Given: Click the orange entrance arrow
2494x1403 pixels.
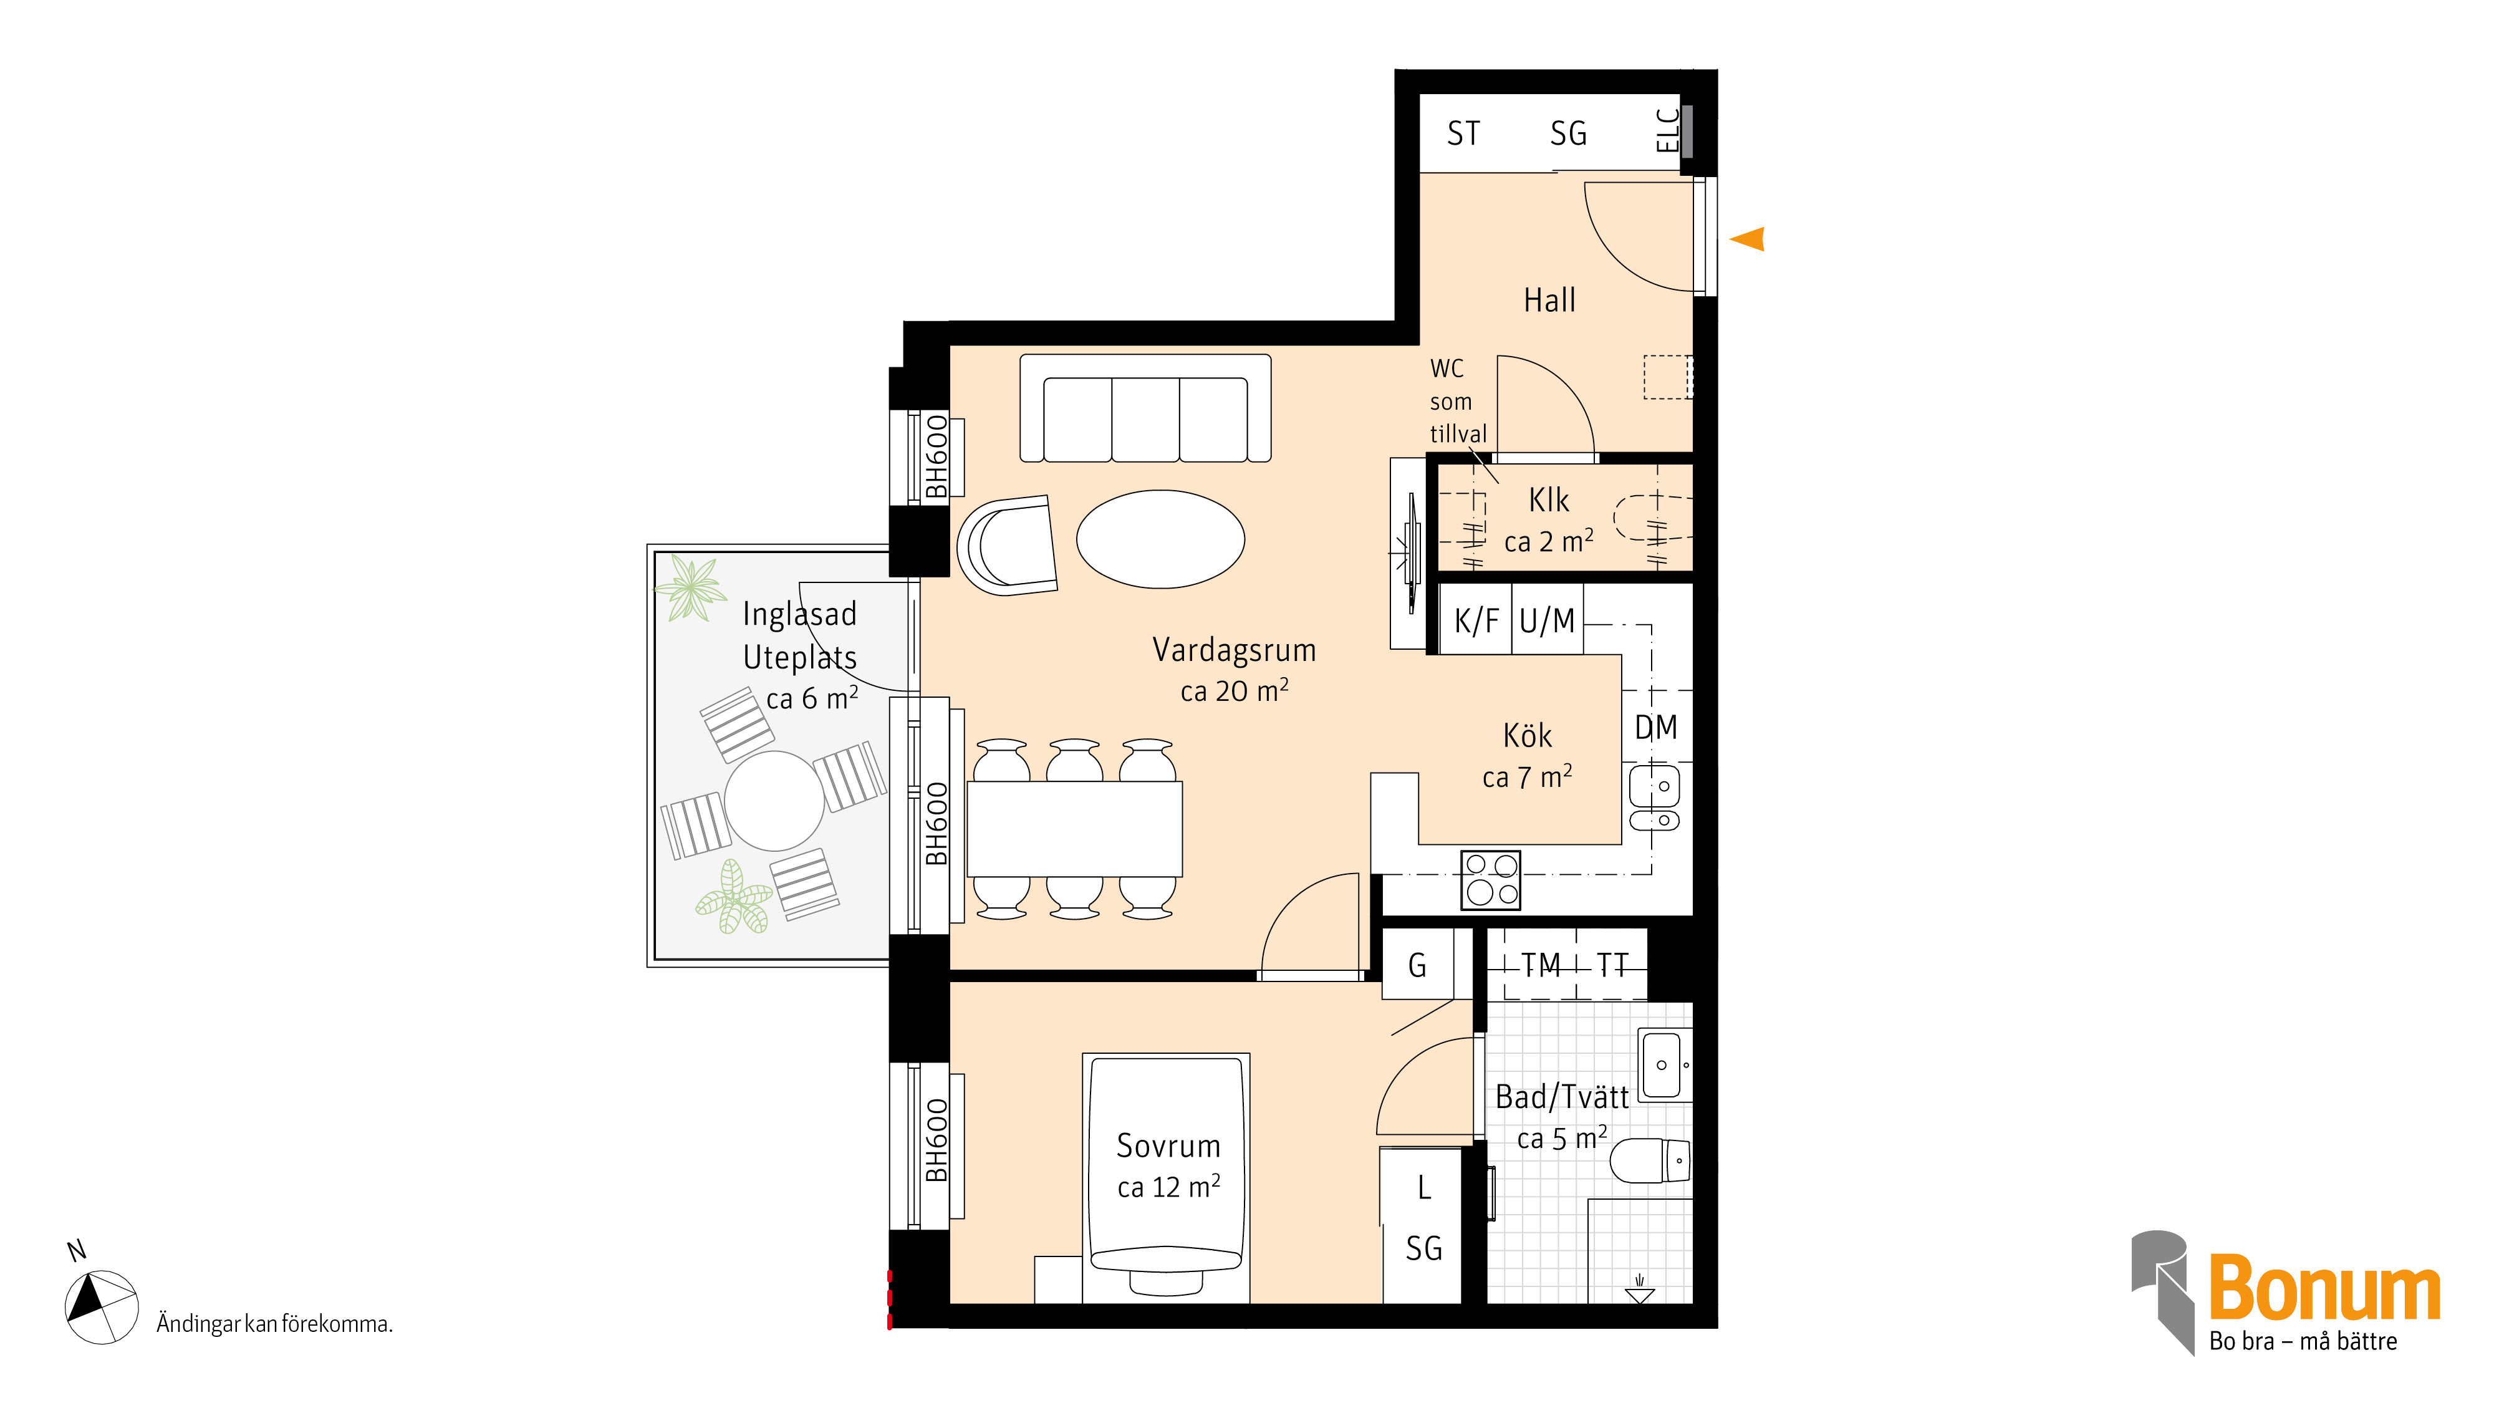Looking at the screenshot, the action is point(1748,238).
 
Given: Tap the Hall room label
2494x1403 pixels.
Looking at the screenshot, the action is point(1549,300).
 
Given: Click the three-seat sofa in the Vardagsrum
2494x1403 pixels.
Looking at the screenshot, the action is point(1145,408).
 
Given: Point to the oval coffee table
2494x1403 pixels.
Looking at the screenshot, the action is point(1160,539).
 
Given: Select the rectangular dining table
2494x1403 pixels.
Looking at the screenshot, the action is point(1075,829).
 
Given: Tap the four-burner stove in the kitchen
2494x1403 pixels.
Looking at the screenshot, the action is point(1491,880).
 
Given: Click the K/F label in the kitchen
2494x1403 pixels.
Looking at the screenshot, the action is point(1475,620).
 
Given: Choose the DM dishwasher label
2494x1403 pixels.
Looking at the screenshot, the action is point(1655,727).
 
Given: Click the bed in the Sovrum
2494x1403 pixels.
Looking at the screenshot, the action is point(1167,1177).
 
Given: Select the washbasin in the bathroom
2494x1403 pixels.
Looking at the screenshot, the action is point(1663,1065).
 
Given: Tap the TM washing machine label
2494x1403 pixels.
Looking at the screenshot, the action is point(1540,965).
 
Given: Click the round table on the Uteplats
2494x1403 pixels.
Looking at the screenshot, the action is point(774,801).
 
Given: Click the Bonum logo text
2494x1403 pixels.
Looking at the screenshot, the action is point(2324,1288).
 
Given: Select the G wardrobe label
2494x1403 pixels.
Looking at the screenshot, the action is point(1417,965).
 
